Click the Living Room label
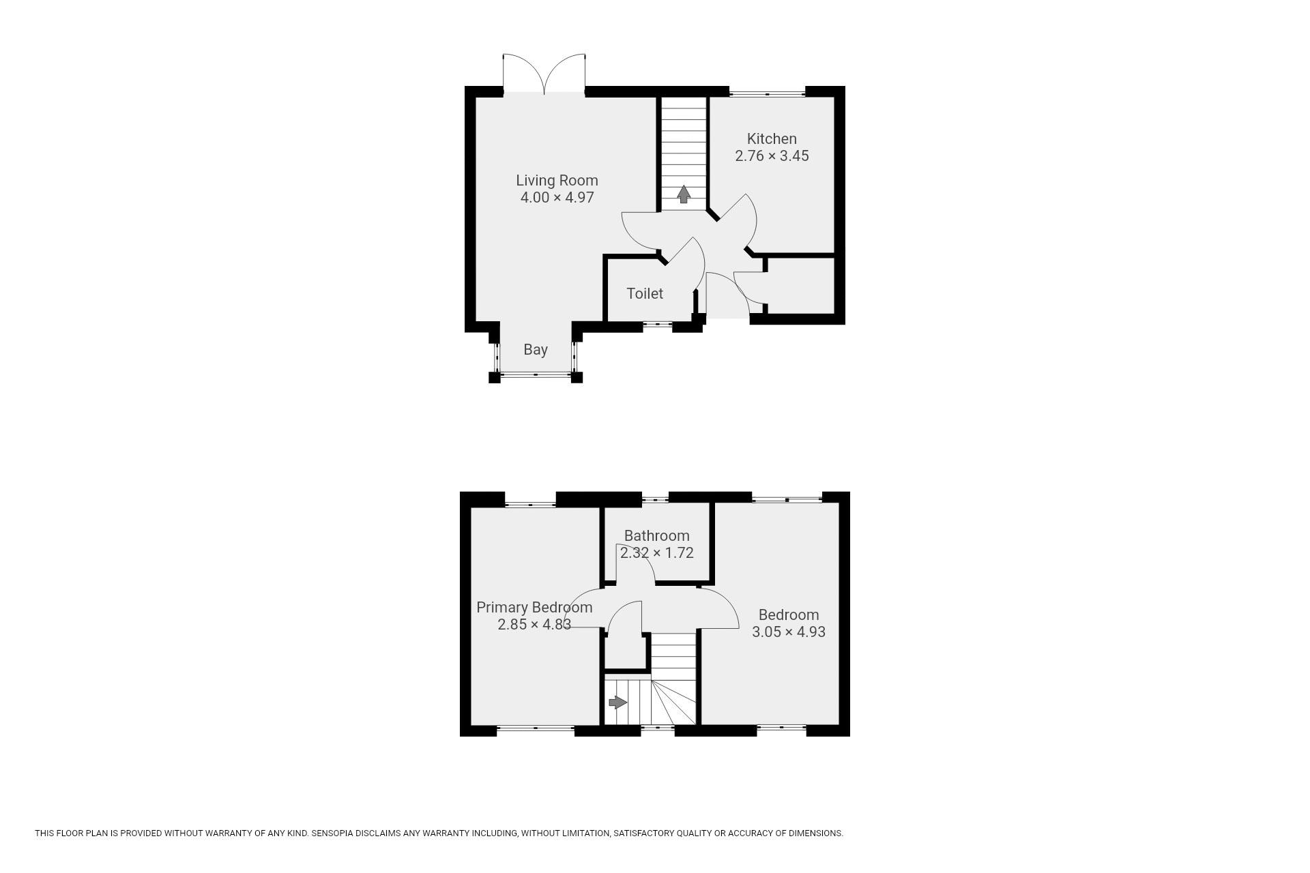[x=557, y=181]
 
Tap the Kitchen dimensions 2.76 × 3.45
[x=772, y=156]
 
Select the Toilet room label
[x=645, y=293]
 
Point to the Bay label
[x=536, y=350]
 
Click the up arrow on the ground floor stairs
[x=683, y=194]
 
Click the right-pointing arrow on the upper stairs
[x=617, y=702]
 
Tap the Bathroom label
[x=656, y=535]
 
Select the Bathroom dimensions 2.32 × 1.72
[x=656, y=553]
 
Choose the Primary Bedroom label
[x=534, y=608]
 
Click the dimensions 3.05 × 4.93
[x=789, y=632]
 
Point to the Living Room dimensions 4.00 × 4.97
[x=557, y=198]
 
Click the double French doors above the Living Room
[x=544, y=74]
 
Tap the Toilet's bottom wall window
[x=658, y=325]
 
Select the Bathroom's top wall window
[x=655, y=499]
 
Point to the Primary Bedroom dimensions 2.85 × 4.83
[x=534, y=625]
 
